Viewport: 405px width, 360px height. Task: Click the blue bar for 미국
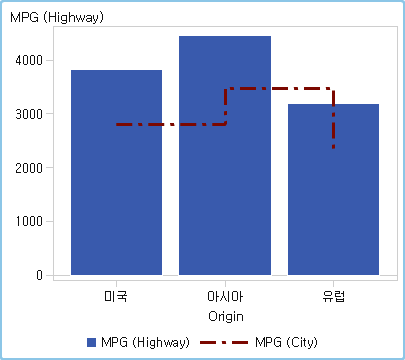tap(116, 200)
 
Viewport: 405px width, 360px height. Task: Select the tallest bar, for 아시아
tap(225, 180)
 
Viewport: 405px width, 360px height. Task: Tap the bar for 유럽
tap(333, 210)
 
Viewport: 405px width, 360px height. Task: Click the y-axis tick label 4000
tap(30, 60)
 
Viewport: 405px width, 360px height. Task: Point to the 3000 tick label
tap(30, 114)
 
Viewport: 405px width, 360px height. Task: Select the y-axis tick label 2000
tap(30, 168)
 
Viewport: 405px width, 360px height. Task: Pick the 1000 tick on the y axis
tap(30, 221)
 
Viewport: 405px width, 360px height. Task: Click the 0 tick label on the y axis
tap(39, 275)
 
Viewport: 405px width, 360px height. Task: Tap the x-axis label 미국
tap(116, 297)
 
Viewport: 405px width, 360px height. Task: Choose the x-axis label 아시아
tap(225, 297)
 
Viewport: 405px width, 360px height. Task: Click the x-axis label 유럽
tap(333, 297)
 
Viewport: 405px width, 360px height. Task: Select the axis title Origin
tap(225, 316)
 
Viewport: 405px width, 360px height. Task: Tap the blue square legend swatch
tap(92, 342)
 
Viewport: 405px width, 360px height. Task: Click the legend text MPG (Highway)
tap(146, 342)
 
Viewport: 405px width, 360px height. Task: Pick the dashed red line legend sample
tap(226, 342)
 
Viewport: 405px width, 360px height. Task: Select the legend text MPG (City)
tap(286, 342)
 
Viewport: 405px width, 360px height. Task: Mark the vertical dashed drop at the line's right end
tap(333, 120)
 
